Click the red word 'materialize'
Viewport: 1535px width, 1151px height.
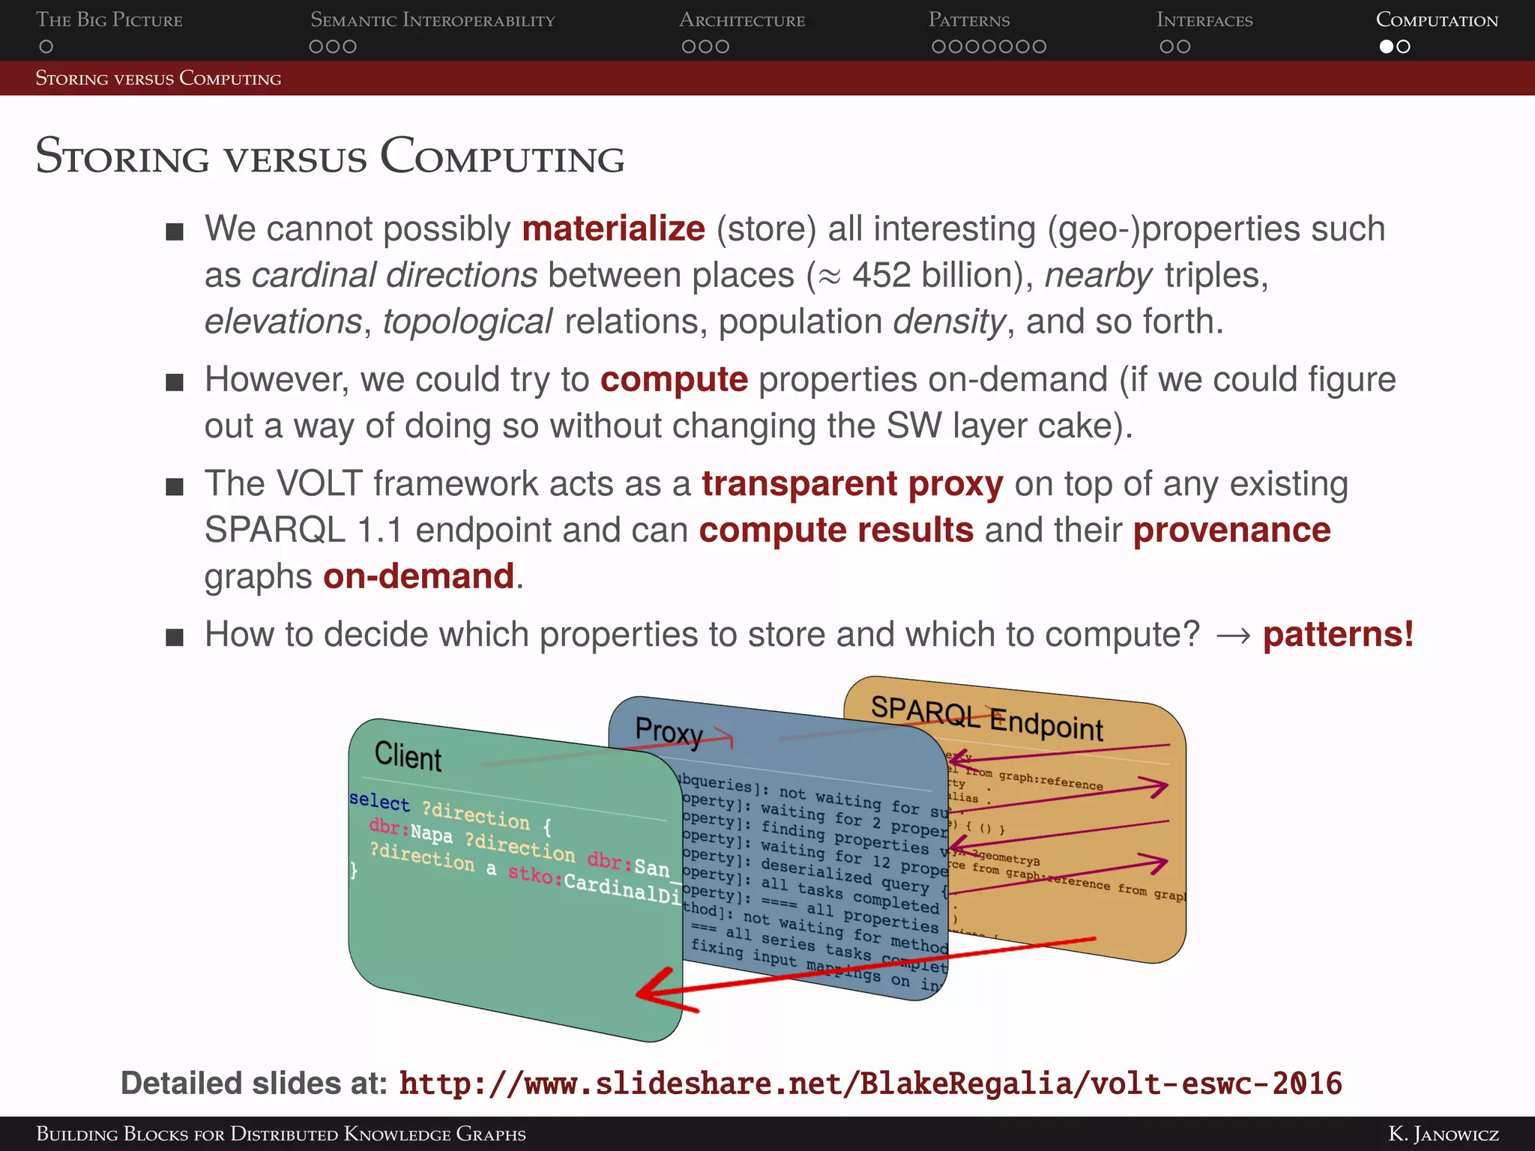pos(613,229)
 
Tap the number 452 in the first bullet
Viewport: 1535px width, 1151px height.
pos(881,275)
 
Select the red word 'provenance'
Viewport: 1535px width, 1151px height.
pos(1231,531)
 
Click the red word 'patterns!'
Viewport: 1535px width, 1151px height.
pos(1338,635)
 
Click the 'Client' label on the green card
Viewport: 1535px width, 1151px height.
pos(408,755)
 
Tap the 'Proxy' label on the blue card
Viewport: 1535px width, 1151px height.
pos(669,731)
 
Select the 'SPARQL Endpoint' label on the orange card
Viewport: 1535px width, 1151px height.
pos(986,717)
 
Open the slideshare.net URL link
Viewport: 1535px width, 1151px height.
pos(869,1084)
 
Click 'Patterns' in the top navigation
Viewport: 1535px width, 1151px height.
pos(968,20)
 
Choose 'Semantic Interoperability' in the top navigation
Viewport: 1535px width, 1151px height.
pos(432,20)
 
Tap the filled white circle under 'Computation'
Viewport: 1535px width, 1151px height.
pos(1387,46)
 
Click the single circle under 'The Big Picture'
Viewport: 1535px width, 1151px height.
pos(46,46)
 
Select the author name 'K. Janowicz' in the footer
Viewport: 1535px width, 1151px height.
pos(1443,1134)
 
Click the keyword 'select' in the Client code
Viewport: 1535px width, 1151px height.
pos(379,801)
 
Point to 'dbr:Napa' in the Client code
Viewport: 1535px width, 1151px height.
pos(411,830)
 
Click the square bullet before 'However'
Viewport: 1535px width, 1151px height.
pos(175,383)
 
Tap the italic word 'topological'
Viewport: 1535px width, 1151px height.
pos(468,321)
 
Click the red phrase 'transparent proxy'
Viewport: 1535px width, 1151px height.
pos(852,484)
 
